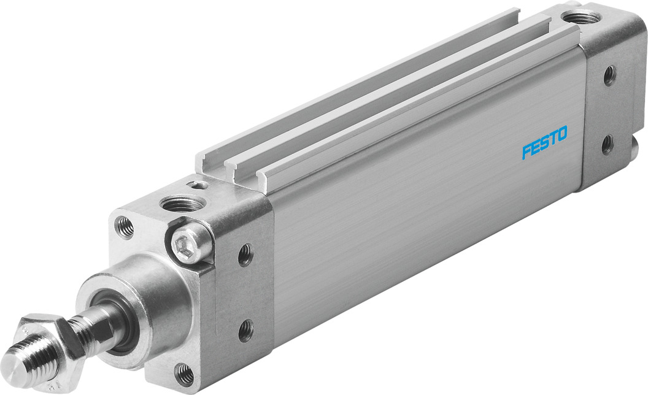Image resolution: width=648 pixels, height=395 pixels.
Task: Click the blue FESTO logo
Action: pyautogui.click(x=545, y=142)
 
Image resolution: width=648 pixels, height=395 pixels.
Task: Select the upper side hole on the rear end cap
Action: pyautogui.click(x=609, y=75)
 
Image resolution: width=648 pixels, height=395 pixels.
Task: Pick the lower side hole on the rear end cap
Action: pyautogui.click(x=607, y=145)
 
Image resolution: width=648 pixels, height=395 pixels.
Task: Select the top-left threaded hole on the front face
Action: pyautogui.click(x=124, y=225)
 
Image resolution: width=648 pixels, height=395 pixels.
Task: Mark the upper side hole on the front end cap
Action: pyautogui.click(x=245, y=255)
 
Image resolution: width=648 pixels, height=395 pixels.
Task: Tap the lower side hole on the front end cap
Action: pyautogui.click(x=245, y=331)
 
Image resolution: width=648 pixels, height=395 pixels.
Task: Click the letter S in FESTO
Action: pyautogui.click(x=544, y=142)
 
